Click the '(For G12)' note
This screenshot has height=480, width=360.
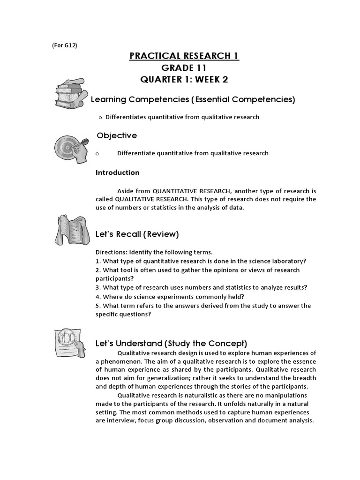[64, 45]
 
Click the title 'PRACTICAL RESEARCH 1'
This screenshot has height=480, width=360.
[184, 56]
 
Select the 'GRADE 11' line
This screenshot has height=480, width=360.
[184, 68]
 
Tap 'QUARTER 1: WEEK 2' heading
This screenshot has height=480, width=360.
[184, 80]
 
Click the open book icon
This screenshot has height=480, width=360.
[70, 230]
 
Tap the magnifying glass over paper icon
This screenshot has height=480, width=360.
[70, 341]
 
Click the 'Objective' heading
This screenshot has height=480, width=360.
[117, 135]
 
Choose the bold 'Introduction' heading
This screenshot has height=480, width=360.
[117, 172]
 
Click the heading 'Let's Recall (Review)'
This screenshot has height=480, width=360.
[137, 234]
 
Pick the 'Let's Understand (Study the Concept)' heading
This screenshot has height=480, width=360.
[171, 344]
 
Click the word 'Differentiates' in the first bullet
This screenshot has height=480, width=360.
[125, 117]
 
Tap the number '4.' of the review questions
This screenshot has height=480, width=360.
[98, 297]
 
